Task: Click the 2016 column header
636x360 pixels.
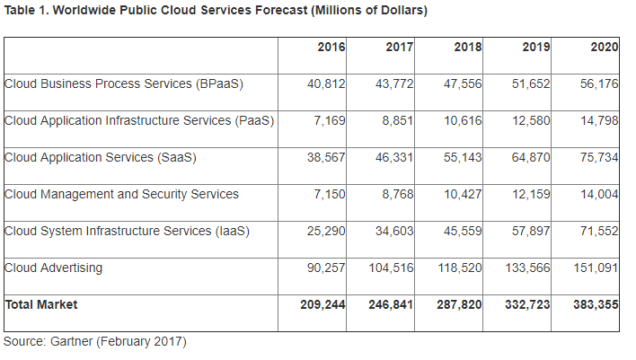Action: tap(331, 47)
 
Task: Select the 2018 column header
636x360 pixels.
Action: tap(468, 47)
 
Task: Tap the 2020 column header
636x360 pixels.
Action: tap(605, 47)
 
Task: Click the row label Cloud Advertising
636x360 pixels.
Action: tap(54, 268)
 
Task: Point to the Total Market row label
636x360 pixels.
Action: tap(41, 304)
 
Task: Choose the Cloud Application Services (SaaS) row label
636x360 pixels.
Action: tap(101, 157)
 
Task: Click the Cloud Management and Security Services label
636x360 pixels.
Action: tap(122, 194)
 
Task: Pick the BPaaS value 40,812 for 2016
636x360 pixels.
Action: tap(326, 83)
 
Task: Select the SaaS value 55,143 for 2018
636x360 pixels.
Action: tap(463, 157)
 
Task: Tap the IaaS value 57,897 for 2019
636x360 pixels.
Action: tap(531, 231)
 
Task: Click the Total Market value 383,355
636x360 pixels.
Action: tap(596, 304)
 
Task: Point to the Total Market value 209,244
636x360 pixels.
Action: tap(322, 304)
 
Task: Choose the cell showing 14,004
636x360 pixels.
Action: tap(599, 194)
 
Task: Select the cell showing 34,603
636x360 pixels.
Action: tap(394, 231)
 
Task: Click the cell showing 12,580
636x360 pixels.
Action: tap(531, 120)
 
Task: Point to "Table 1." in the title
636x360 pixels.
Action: tap(24, 11)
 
